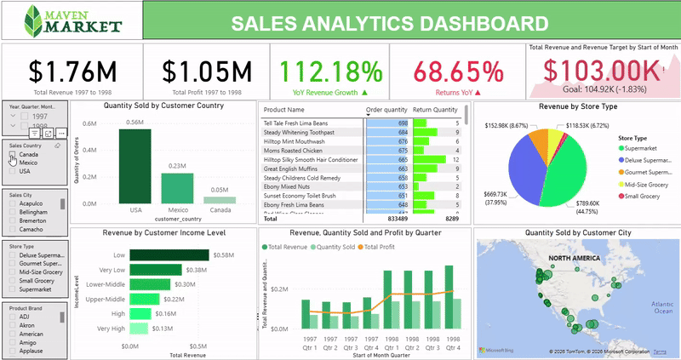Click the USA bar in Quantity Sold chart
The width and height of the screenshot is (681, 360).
pos(134,166)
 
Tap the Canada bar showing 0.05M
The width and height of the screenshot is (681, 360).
pos(220,200)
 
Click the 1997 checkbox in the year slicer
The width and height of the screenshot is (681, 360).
pos(26,116)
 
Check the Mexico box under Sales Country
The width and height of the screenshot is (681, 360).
pos(13,163)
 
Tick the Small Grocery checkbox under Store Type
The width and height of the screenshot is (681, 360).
pos(13,280)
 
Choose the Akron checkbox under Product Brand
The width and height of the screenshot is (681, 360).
pos(13,324)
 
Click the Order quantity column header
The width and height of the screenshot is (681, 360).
pos(386,111)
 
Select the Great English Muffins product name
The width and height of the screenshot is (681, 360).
pos(295,169)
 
